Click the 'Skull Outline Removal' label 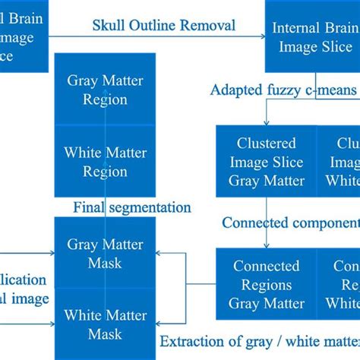point(164,25)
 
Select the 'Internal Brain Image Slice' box point(312,37)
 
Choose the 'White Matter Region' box point(106,162)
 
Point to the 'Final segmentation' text point(131,207)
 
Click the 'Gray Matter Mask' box point(105,254)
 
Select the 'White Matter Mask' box point(105,324)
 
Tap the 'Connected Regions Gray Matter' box point(266,285)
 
